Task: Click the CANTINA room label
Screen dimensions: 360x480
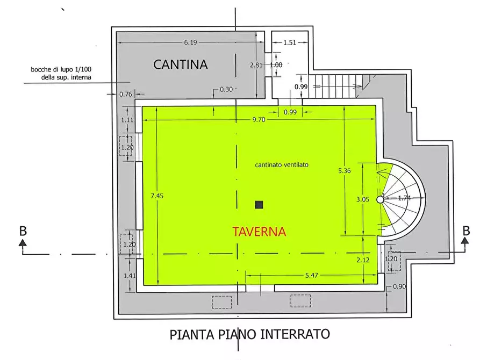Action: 180,64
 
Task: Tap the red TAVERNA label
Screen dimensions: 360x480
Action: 259,232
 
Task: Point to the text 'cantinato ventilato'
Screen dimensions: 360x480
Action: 282,165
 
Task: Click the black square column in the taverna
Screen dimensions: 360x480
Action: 259,204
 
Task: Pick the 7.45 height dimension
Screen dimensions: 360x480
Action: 157,196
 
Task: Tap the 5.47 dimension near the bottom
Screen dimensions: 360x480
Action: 312,275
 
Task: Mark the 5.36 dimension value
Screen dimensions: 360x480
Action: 344,171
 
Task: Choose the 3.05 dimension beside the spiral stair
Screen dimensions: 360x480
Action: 363,199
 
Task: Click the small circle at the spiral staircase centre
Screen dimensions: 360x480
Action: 380,199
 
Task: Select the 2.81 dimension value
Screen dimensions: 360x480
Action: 256,65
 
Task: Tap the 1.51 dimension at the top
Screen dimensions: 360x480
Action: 290,42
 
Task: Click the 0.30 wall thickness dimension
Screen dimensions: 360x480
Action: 226,89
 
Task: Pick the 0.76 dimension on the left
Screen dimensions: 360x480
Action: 125,95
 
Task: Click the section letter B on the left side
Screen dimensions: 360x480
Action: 23,231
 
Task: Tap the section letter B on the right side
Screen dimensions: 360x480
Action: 465,231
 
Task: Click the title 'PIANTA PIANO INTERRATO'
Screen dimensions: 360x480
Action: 249,334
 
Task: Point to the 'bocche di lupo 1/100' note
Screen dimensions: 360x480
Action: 61,70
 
